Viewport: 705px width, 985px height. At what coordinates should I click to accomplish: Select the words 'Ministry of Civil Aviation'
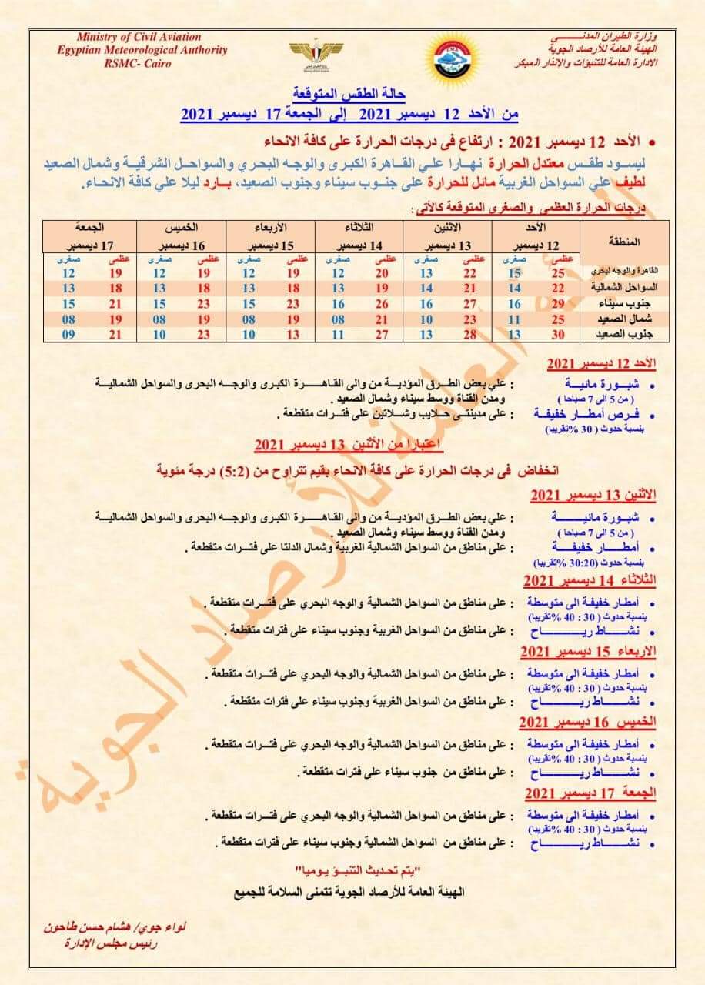coord(139,37)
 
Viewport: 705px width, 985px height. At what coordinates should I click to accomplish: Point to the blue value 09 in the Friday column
coord(68,334)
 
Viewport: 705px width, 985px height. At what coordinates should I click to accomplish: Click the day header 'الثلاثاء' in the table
coord(360,228)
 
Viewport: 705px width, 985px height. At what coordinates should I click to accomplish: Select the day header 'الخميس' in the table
coord(182,228)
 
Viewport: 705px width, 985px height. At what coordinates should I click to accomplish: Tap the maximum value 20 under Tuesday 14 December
coord(383,273)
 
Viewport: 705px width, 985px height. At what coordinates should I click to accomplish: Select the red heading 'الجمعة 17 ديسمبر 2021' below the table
coord(590,793)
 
